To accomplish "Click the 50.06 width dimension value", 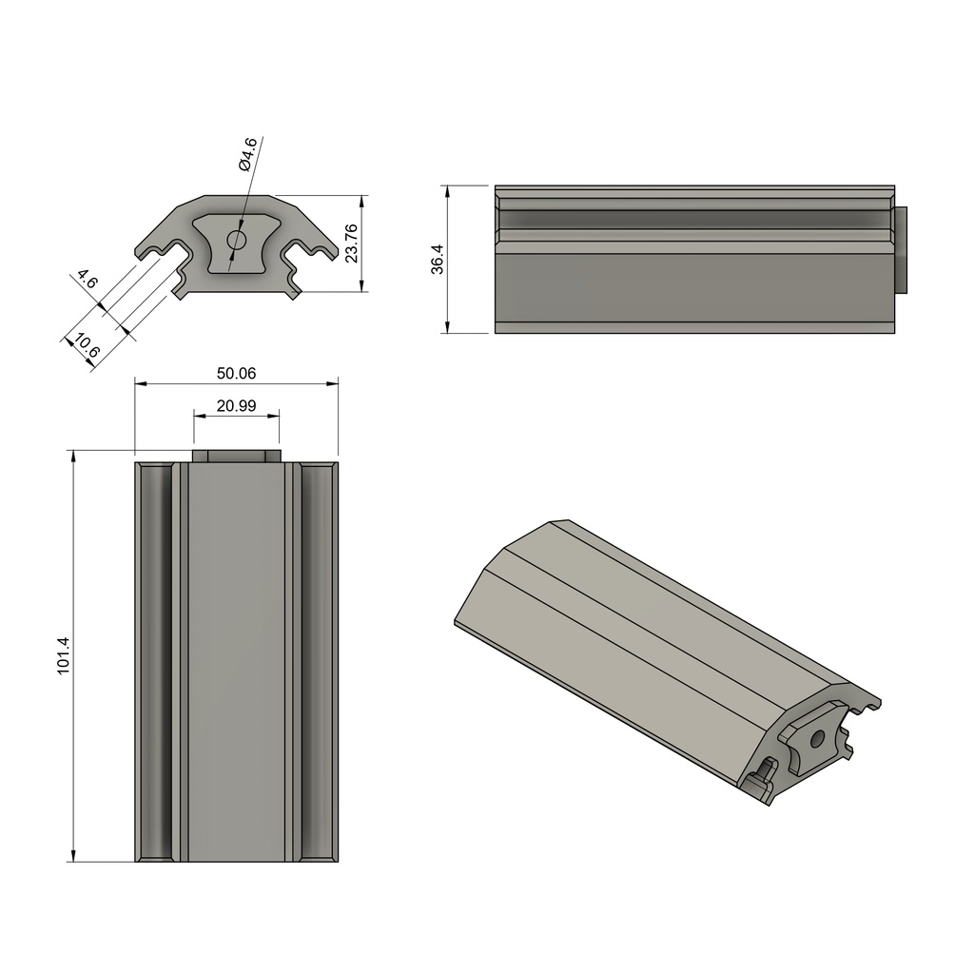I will [236, 373].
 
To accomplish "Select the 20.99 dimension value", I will [236, 405].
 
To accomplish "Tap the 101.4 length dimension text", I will [64, 655].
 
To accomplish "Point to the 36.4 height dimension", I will [437, 259].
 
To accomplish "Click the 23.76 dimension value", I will [351, 243].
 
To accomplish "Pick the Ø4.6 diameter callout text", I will [247, 154].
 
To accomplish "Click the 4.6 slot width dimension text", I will [87, 281].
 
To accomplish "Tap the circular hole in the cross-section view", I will [236, 240].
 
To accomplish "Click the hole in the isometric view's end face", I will [816, 736].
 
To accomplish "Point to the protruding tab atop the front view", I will [236, 456].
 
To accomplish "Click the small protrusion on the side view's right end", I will [901, 249].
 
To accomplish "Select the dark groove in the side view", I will [694, 219].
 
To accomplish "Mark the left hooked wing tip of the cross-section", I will [143, 252].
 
